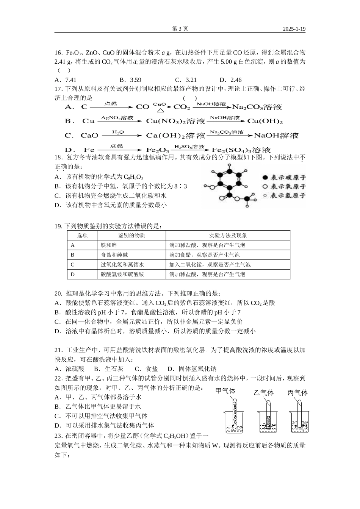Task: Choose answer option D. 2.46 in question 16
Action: [230, 80]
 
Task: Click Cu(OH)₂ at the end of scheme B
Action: [265, 121]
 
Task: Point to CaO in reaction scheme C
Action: [89, 135]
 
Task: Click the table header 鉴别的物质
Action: [131, 235]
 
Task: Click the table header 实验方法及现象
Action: [228, 235]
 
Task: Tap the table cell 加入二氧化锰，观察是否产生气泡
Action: [210, 264]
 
